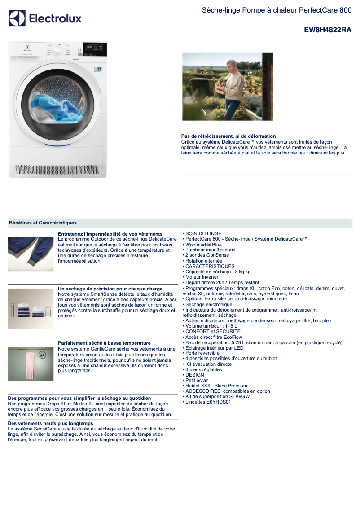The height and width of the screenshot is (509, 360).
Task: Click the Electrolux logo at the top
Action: [x=45, y=18]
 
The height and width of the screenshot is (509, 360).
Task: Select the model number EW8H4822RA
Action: [x=328, y=30]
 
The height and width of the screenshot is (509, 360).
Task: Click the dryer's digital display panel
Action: [x=95, y=47]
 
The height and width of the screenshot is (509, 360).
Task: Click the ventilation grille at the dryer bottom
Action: [x=57, y=170]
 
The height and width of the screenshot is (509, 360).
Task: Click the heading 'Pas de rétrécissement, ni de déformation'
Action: [x=228, y=136]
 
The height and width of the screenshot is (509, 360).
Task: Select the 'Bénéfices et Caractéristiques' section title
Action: [x=43, y=223]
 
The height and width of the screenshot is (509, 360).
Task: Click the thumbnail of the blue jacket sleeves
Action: [x=31, y=254]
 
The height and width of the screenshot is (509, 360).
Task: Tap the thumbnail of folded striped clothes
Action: [x=31, y=309]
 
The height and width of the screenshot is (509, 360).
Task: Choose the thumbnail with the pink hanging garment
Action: [x=31, y=364]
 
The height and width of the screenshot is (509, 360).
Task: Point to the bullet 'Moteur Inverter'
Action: [x=202, y=277]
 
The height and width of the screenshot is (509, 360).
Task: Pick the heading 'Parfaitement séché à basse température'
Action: [x=104, y=343]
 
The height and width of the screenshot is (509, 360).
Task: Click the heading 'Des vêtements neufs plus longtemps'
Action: [x=50, y=423]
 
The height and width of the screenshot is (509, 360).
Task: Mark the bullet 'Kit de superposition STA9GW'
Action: [x=217, y=397]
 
